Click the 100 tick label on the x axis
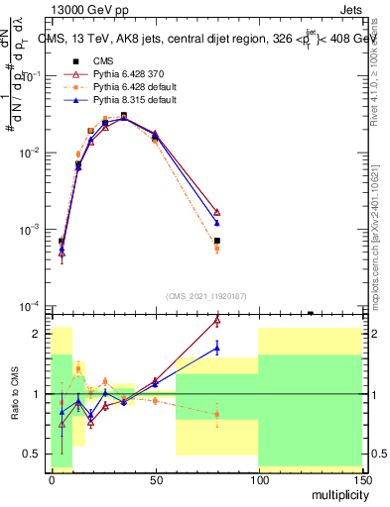pyautogui.click(x=258, y=481)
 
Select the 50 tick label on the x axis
pyautogui.click(x=155, y=481)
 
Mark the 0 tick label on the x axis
pyautogui.click(x=52, y=481)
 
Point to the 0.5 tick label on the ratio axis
pyautogui.click(x=32, y=454)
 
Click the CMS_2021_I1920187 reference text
pyautogui.click(x=205, y=296)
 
